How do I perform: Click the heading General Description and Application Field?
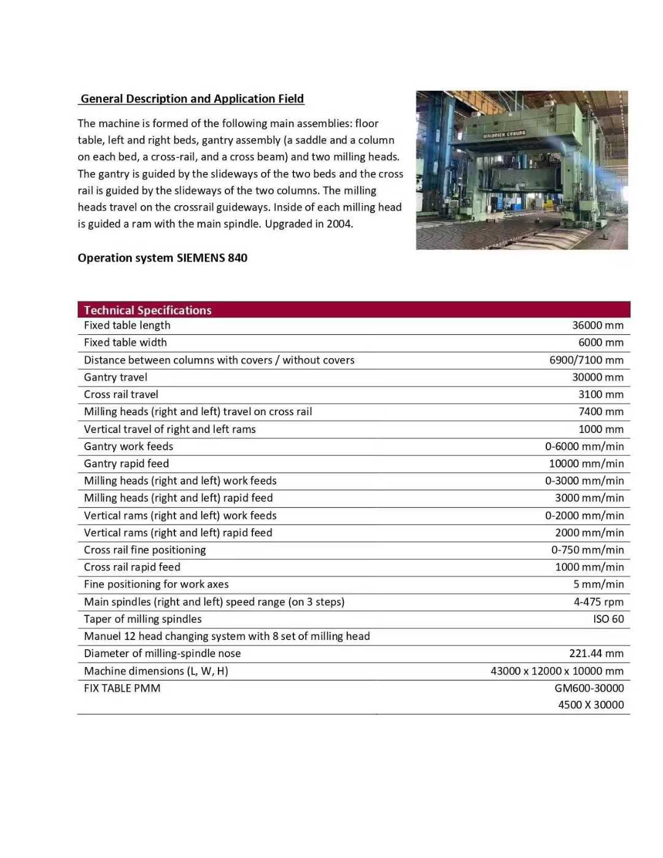(x=192, y=99)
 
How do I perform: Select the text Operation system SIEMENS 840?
(x=163, y=258)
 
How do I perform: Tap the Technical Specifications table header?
(x=148, y=310)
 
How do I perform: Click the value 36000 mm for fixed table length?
(x=597, y=326)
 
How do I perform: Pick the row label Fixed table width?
(x=125, y=343)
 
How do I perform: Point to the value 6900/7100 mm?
(x=586, y=360)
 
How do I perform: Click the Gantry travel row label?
(x=115, y=377)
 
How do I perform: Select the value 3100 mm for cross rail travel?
(x=600, y=394)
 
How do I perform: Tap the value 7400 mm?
(x=600, y=411)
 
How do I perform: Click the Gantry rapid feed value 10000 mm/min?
(x=586, y=464)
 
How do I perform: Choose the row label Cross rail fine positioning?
(x=145, y=550)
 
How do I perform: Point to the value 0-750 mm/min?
(x=587, y=550)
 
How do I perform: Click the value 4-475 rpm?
(x=599, y=602)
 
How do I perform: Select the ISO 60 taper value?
(x=608, y=619)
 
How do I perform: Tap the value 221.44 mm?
(x=596, y=653)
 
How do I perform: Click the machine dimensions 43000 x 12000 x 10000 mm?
(x=557, y=671)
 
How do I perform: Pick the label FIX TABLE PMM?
(x=122, y=688)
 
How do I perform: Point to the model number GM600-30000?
(x=589, y=688)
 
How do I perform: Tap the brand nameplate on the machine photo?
(x=504, y=134)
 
